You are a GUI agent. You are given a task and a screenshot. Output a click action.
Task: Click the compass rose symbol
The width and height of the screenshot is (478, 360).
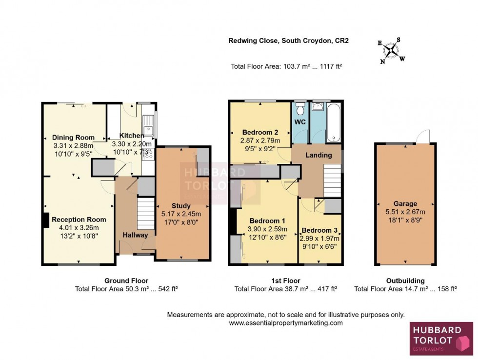click(x=391, y=51)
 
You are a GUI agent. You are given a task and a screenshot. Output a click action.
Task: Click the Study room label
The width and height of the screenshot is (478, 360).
click(x=181, y=206)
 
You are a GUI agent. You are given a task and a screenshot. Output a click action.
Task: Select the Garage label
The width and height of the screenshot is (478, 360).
click(x=405, y=204)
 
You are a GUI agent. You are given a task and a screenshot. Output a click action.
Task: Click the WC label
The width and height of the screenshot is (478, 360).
click(x=300, y=122)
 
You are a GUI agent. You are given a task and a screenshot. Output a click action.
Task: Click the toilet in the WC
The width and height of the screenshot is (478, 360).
click(x=300, y=107)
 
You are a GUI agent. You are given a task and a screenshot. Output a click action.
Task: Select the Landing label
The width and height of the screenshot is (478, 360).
click(x=319, y=155)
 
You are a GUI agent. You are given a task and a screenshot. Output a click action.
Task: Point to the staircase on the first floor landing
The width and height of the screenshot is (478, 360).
click(x=332, y=180)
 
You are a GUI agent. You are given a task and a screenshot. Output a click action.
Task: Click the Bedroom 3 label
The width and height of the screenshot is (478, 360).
click(x=319, y=231)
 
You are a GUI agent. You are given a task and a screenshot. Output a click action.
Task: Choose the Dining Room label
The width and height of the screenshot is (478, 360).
click(x=73, y=138)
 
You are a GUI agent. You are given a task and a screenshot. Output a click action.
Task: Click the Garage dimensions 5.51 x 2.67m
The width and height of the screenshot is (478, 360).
click(x=405, y=212)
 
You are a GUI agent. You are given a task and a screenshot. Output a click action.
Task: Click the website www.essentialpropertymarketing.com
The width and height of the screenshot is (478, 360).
click(x=286, y=323)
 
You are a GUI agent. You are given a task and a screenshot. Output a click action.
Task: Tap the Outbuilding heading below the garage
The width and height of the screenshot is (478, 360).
click(x=405, y=280)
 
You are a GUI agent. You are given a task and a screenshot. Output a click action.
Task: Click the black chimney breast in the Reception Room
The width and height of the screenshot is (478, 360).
click(x=46, y=220)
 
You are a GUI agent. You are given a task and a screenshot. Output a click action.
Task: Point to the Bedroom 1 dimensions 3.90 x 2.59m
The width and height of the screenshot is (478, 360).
click(x=267, y=229)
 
